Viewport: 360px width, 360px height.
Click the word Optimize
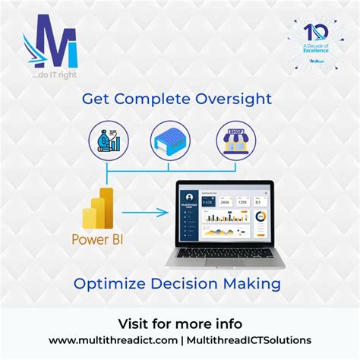(x=106, y=285)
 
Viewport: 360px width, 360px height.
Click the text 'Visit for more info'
(x=180, y=321)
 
